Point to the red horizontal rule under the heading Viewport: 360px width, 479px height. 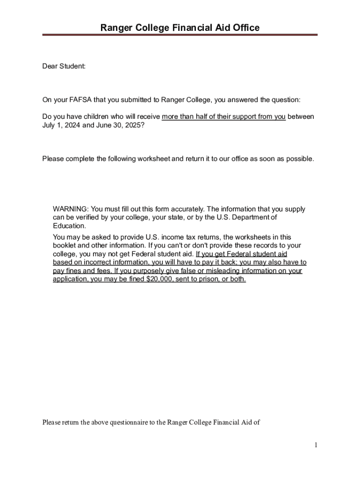pos(180,35)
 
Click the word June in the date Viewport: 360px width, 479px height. pos(104,125)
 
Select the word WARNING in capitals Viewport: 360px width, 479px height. pos(70,209)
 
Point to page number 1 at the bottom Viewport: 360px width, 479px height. pos(316,445)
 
